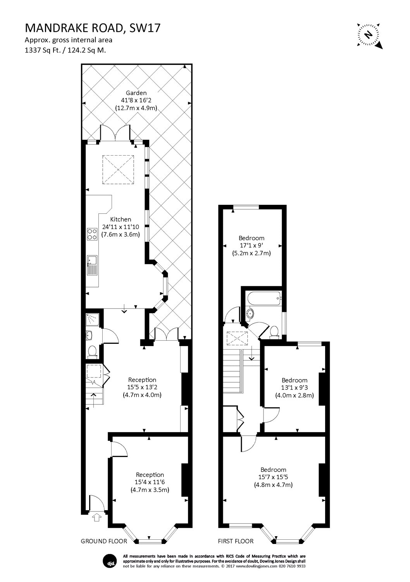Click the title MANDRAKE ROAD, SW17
(x=93, y=28)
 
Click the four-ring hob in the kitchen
(x=92, y=233)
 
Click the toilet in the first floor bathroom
(x=275, y=332)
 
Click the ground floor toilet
(x=92, y=351)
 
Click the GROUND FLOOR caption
(x=103, y=541)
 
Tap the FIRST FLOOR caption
(x=236, y=541)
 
